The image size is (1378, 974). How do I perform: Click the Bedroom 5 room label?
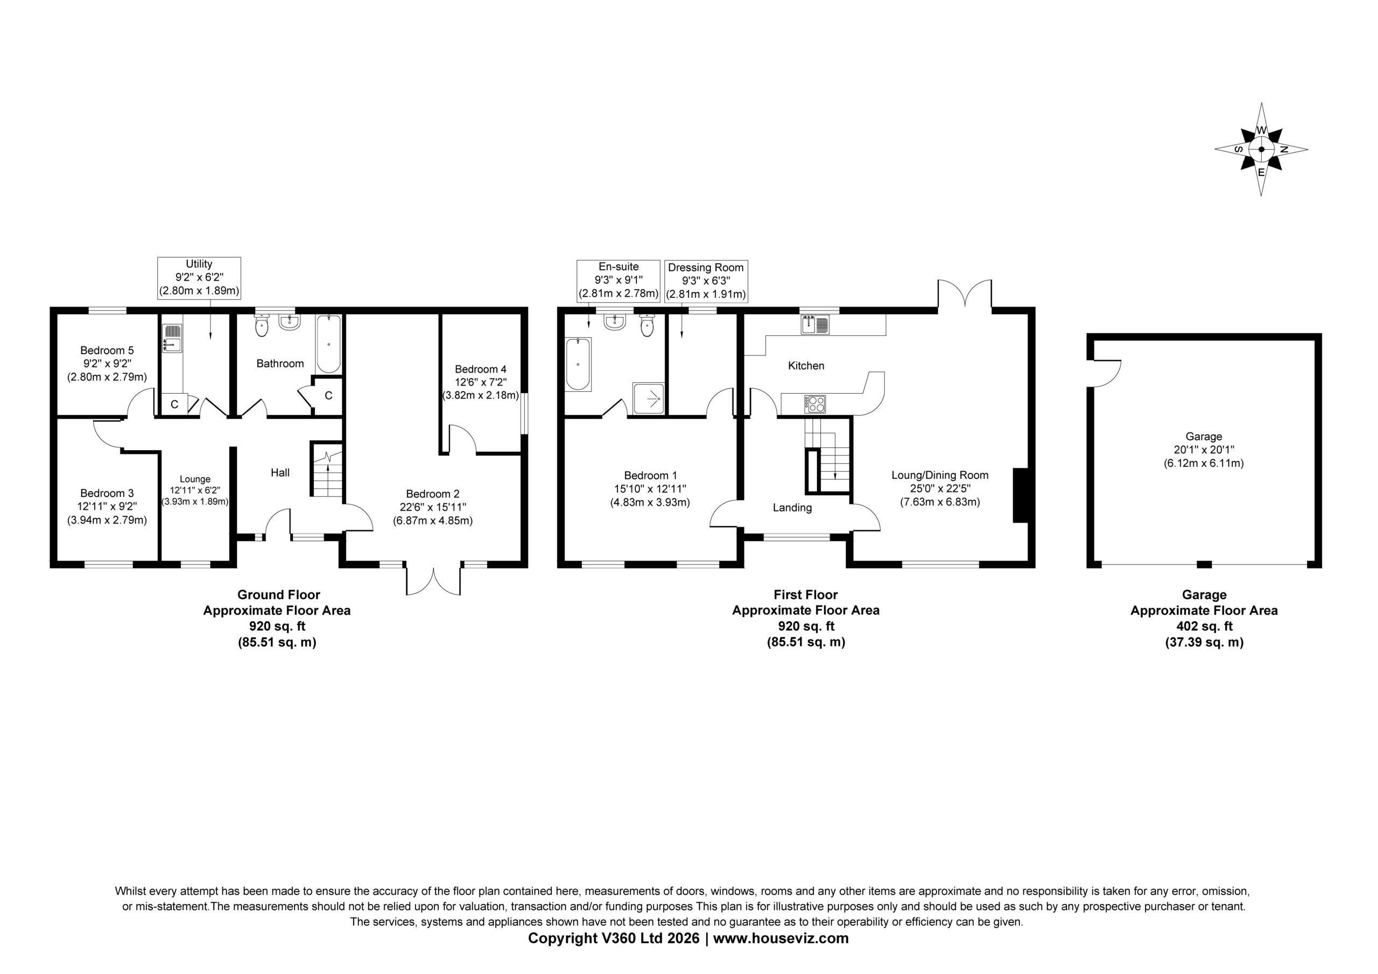click(x=107, y=351)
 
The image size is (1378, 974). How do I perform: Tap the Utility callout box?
click(x=199, y=278)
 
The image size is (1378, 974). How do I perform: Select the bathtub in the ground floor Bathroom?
click(x=328, y=344)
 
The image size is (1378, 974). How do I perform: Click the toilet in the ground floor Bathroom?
click(x=262, y=325)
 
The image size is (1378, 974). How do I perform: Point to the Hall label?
click(x=280, y=473)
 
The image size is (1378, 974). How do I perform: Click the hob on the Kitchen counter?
click(x=814, y=403)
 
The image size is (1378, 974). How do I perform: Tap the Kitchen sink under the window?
click(x=815, y=325)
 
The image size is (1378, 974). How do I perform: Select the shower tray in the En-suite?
click(x=649, y=398)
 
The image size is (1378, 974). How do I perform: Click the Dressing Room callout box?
click(x=706, y=281)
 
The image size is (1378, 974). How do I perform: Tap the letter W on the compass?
click(x=1262, y=130)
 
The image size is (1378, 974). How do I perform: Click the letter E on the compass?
click(x=1261, y=172)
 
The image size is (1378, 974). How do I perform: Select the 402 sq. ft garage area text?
click(x=1204, y=626)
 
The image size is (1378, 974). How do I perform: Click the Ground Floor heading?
click(x=278, y=594)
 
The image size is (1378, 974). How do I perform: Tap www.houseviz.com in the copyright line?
click(x=781, y=938)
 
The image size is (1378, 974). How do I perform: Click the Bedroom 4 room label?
click(x=481, y=369)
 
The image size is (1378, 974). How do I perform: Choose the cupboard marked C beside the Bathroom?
click(x=328, y=396)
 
